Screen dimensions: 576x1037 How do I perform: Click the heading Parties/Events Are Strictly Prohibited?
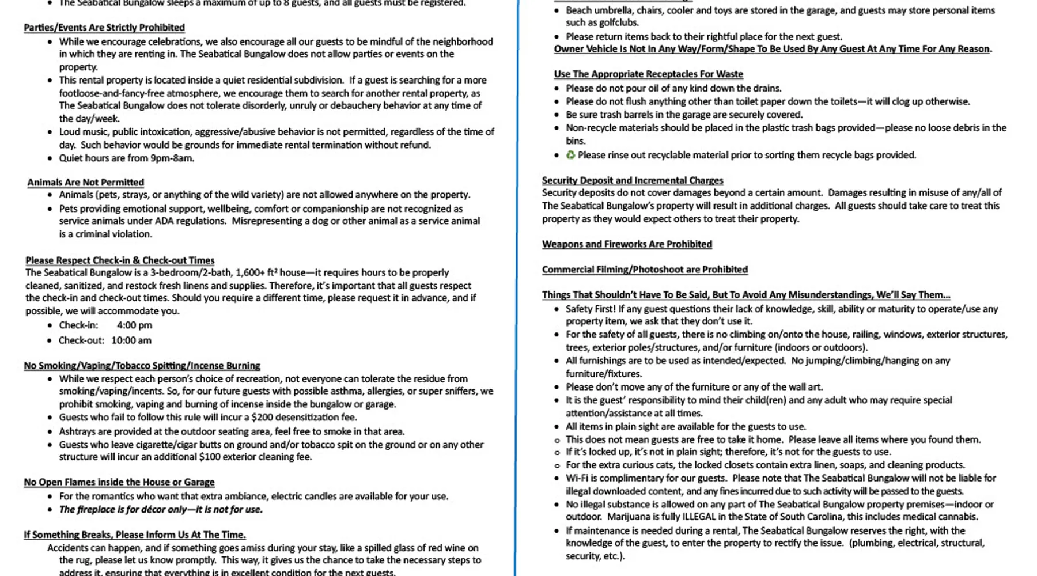pos(104,28)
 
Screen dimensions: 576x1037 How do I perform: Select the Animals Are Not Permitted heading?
pos(85,183)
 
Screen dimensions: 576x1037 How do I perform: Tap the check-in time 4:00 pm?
pos(134,325)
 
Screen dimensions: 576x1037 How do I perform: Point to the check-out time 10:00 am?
pos(131,340)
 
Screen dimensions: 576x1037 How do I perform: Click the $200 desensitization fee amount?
pos(262,418)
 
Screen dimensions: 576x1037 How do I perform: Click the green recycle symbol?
pos(570,155)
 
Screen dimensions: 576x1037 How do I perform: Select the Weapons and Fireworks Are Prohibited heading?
pos(627,244)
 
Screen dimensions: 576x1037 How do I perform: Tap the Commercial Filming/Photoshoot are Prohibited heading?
pos(645,270)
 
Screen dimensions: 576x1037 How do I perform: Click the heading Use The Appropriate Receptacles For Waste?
pos(648,74)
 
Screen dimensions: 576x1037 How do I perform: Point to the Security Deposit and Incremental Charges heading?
pos(632,180)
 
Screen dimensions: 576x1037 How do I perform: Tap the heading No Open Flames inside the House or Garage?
pos(119,482)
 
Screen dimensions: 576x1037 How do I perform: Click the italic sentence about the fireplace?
pos(161,510)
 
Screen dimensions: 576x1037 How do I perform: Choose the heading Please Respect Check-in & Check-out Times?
pos(120,260)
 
